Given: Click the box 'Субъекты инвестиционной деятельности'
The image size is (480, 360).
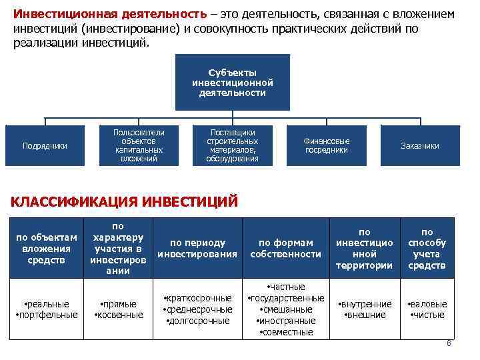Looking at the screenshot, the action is coord(232,82).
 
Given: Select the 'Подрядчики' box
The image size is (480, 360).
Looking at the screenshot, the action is coord(45,146).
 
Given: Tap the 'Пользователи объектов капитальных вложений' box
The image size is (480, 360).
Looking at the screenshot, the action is coord(139,145).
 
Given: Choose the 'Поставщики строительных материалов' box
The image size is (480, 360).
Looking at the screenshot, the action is coord(232,145).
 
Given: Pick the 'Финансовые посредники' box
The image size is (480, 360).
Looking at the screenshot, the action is coord(327,145).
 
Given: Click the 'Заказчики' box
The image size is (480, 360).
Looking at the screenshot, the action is coord(420,146).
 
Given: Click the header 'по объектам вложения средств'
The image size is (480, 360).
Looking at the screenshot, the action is coord(47,248).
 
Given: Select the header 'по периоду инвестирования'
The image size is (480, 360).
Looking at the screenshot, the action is coord(197,248).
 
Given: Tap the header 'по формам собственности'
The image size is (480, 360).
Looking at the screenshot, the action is coord(285,248).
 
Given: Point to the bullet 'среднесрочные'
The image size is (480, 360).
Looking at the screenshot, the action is coord(198,309).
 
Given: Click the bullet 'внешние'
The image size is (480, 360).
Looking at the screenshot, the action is coord(363,315).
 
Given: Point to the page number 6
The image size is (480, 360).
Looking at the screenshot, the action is coord(449,344).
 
